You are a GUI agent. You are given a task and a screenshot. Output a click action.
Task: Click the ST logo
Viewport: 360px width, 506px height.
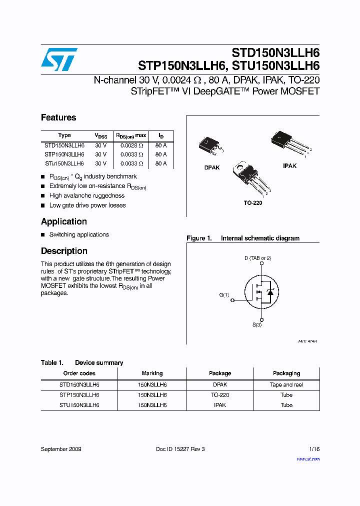pyautogui.click(x=59, y=59)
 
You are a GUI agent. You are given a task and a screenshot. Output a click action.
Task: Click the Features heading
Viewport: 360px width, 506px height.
pyautogui.click(x=58, y=118)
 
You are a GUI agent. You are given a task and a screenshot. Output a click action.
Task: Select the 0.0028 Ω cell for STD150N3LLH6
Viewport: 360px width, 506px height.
pyautogui.click(x=131, y=145)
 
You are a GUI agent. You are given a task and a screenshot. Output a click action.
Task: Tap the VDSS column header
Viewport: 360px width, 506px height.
pyautogui.click(x=101, y=135)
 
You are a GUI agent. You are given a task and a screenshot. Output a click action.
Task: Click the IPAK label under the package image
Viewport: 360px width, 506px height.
pyautogui.click(x=289, y=165)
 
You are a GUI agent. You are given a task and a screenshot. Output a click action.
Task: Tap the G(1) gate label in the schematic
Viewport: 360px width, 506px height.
pyautogui.click(x=224, y=295)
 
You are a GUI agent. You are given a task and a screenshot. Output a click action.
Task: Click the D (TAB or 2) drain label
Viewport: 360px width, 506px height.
pyautogui.click(x=257, y=258)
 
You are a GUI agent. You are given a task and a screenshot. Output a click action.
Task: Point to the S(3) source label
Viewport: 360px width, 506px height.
pyautogui.click(x=256, y=324)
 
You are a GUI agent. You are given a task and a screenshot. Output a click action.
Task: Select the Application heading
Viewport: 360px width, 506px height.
pyautogui.click(x=64, y=221)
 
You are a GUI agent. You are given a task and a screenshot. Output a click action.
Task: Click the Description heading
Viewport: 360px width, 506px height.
pyautogui.click(x=64, y=251)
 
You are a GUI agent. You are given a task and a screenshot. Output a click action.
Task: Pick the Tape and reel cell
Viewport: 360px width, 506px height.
pyautogui.click(x=286, y=385)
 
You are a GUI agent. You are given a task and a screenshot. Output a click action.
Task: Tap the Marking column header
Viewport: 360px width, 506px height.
pyautogui.click(x=152, y=373)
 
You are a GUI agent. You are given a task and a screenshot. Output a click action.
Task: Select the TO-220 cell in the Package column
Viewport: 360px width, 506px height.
pyautogui.click(x=220, y=395)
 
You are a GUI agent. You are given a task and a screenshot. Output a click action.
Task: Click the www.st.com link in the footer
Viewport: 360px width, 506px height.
pyautogui.click(x=308, y=459)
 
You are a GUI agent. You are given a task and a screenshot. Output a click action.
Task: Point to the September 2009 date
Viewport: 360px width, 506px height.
pyautogui.click(x=61, y=449)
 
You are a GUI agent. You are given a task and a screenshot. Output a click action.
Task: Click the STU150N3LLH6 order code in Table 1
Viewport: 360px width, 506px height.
pyautogui.click(x=79, y=405)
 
